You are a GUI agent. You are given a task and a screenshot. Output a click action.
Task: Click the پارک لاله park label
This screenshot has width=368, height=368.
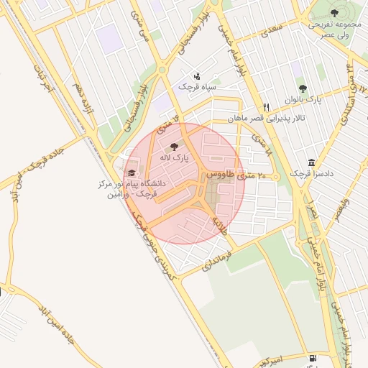(175, 157)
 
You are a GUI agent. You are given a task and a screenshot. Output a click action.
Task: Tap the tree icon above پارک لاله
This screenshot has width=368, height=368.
(175, 147)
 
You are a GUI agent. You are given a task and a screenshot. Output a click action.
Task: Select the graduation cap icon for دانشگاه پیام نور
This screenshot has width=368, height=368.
(131, 173)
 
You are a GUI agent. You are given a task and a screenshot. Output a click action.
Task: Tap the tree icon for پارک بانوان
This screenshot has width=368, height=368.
(303, 88)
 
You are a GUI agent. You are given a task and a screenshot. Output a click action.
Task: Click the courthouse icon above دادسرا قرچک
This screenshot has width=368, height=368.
(310, 162)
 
